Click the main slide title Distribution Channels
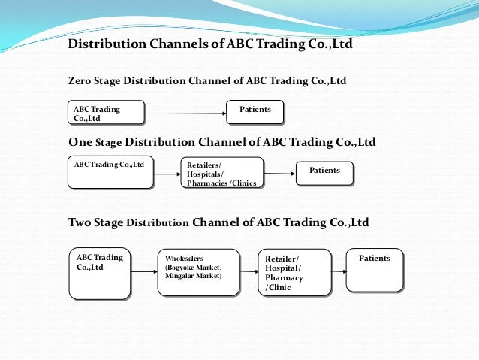pos(210,44)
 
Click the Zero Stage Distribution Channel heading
pos(207,80)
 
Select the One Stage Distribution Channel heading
pos(222,142)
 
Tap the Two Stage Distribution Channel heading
pos(218,222)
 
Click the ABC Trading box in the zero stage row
pos(106,113)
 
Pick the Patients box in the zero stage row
pos(255,112)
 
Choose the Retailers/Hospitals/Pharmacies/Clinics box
pos(222,173)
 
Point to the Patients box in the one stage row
pos(324,174)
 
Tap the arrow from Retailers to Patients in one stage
pos(279,174)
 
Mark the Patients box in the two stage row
pos(375,269)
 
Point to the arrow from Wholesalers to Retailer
pos(249,271)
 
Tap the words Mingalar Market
pos(193,276)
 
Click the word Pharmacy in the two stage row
pos(284,277)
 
